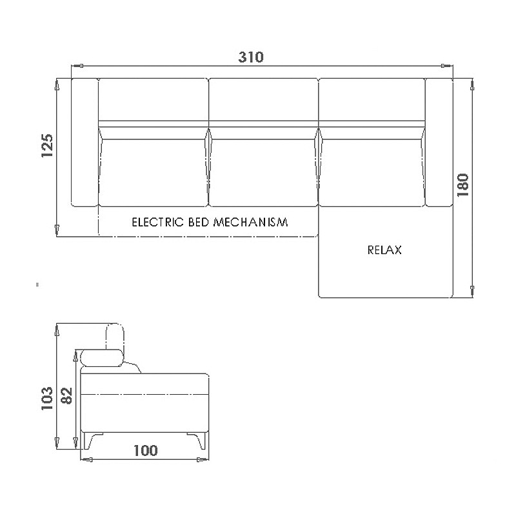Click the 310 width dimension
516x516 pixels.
tap(251, 57)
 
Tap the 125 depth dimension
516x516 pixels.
tap(47, 146)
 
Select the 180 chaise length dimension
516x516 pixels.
tap(462, 185)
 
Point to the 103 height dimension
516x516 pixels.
tap(47, 398)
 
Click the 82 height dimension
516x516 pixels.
tap(67, 396)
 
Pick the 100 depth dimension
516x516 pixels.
tap(146, 450)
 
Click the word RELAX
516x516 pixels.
tap(384, 250)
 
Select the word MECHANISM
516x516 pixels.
tap(251, 222)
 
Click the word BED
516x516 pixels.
tap(199, 222)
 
